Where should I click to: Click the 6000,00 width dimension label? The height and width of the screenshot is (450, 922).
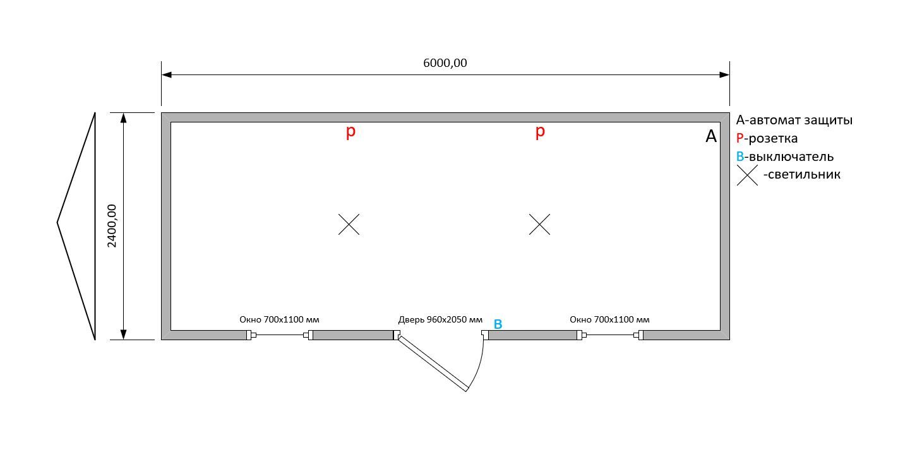point(445,63)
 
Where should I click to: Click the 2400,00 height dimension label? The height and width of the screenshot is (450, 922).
point(112,226)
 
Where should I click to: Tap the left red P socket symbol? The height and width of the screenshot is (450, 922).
point(350,132)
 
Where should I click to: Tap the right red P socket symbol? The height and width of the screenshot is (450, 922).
point(540,132)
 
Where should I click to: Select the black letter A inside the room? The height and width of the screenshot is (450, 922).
point(711,136)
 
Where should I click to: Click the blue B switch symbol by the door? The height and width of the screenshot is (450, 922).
point(498,324)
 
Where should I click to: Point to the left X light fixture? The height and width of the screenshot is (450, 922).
point(349,224)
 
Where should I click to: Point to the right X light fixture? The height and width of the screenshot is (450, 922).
point(539,224)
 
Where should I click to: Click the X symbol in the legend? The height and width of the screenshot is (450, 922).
point(747,175)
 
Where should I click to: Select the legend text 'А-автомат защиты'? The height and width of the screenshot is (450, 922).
point(794,120)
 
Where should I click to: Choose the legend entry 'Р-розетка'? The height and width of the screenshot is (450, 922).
point(767,138)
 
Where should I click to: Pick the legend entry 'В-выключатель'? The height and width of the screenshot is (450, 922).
point(784,157)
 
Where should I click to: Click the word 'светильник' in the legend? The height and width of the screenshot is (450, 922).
point(804,174)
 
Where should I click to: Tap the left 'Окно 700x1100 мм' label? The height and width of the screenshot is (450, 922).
point(279,319)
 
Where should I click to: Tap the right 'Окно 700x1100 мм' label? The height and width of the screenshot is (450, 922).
point(609,319)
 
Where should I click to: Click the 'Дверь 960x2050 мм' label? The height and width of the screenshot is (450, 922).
point(440,319)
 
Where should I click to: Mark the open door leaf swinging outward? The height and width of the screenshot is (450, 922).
point(433,364)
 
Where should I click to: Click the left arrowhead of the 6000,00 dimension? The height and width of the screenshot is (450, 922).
point(166,75)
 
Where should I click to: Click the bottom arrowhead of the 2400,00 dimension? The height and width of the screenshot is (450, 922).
point(124,335)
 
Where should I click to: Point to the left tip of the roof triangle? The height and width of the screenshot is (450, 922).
point(57,223)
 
